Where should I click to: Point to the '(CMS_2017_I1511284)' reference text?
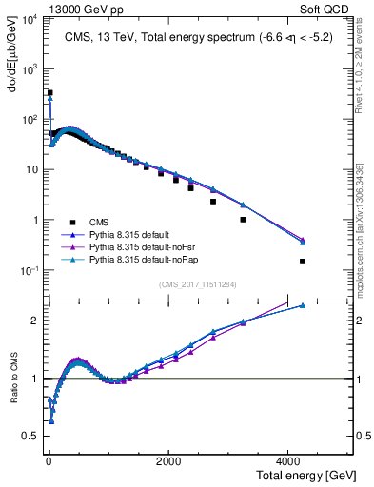coord(197,283)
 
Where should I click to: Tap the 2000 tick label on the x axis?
coord(167,461)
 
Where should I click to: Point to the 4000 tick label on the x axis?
coord(288,461)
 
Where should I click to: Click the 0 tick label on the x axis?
coord(48,461)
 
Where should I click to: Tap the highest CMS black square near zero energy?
coord(49,93)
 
